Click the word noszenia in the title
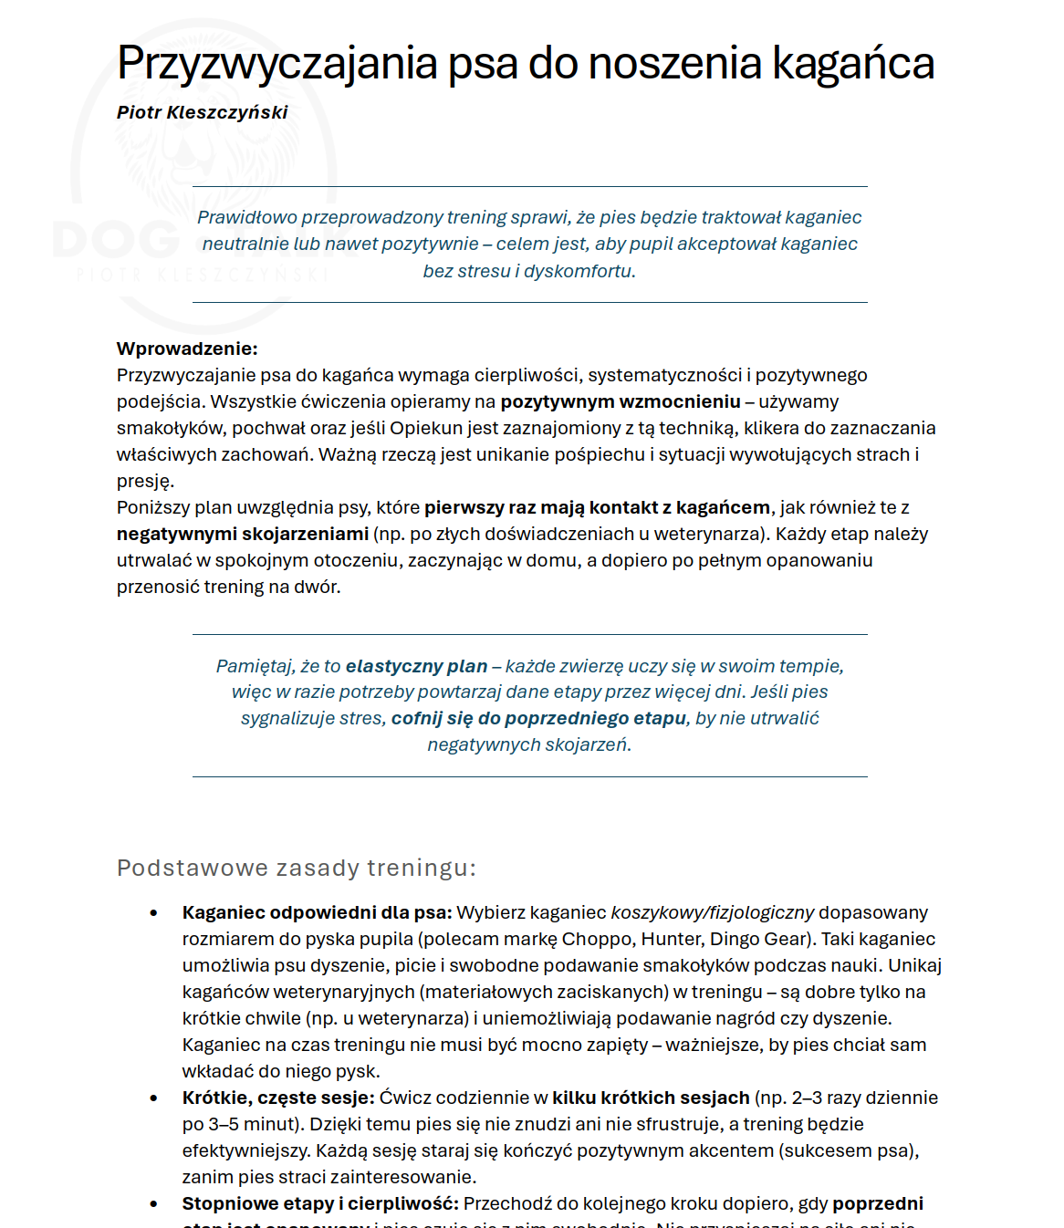[674, 64]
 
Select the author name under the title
[202, 112]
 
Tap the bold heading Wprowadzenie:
[187, 349]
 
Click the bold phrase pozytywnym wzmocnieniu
[621, 401]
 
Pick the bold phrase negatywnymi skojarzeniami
[243, 534]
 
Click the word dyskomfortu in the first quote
[579, 271]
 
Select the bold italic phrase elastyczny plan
[416, 666]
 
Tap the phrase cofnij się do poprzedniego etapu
[538, 719]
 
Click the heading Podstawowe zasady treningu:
[297, 868]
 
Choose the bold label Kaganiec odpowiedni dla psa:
[317, 912]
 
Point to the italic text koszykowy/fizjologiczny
[712, 912]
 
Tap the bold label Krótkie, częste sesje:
[278, 1098]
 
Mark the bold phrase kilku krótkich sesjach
[651, 1098]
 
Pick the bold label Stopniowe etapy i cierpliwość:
[320, 1203]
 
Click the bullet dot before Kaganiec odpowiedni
[153, 913]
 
